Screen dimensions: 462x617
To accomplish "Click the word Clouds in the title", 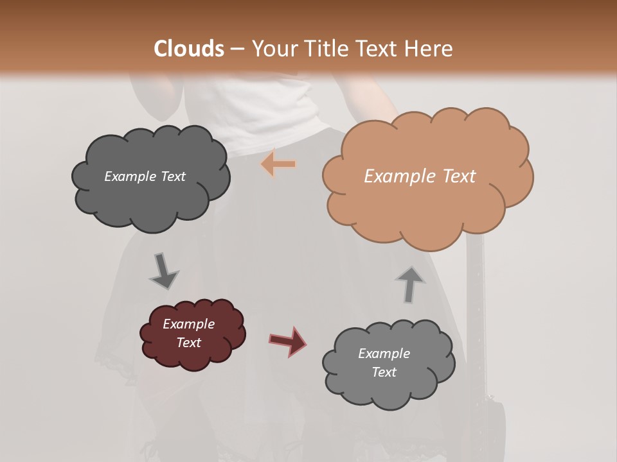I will (x=189, y=49).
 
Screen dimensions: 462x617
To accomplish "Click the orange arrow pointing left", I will (x=278, y=164).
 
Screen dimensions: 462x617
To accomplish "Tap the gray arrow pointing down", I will (x=163, y=271).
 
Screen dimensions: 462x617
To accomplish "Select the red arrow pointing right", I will (x=287, y=341).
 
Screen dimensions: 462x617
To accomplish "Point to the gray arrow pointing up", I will (x=409, y=284).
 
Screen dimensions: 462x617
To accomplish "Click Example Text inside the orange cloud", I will (x=420, y=176).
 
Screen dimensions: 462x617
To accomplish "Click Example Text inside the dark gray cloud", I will (x=145, y=176).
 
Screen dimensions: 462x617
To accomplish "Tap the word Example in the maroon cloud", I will (x=188, y=324).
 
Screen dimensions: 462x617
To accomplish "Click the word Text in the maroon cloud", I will (x=188, y=343).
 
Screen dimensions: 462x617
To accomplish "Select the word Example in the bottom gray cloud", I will (x=384, y=354).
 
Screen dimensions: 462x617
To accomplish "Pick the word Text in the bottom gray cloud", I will (x=384, y=372).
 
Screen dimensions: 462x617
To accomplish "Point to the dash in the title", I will (x=237, y=49).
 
